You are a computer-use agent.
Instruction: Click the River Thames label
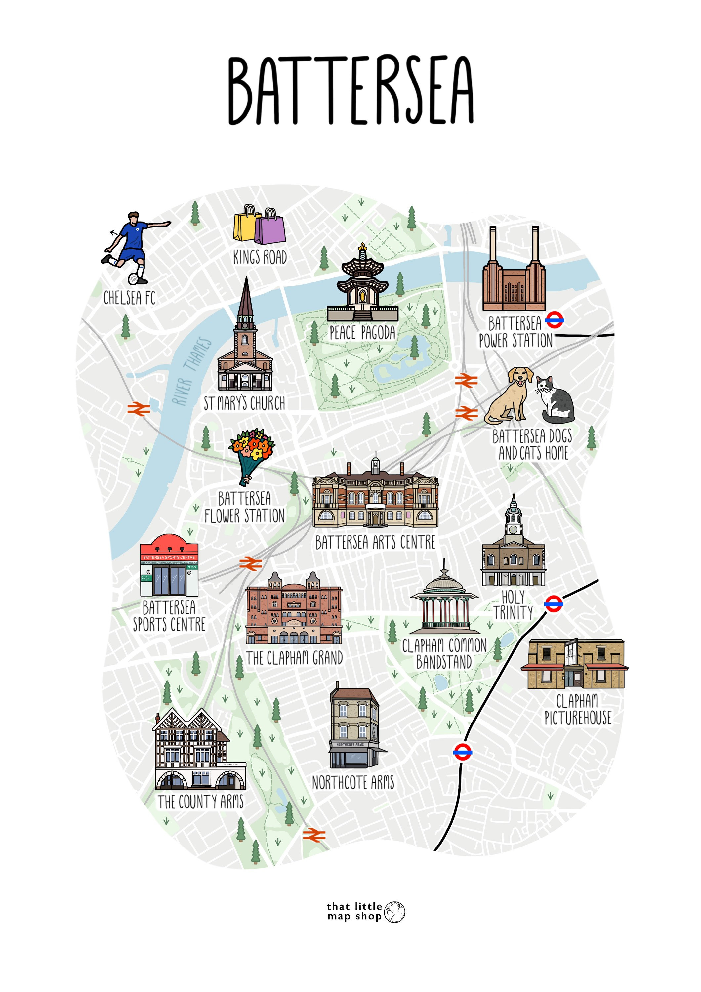(x=192, y=372)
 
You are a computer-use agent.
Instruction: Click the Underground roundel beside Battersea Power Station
(x=554, y=320)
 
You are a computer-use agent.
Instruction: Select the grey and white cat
(x=556, y=400)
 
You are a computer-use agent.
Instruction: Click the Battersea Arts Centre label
(x=375, y=543)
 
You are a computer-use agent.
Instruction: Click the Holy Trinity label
(x=513, y=605)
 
